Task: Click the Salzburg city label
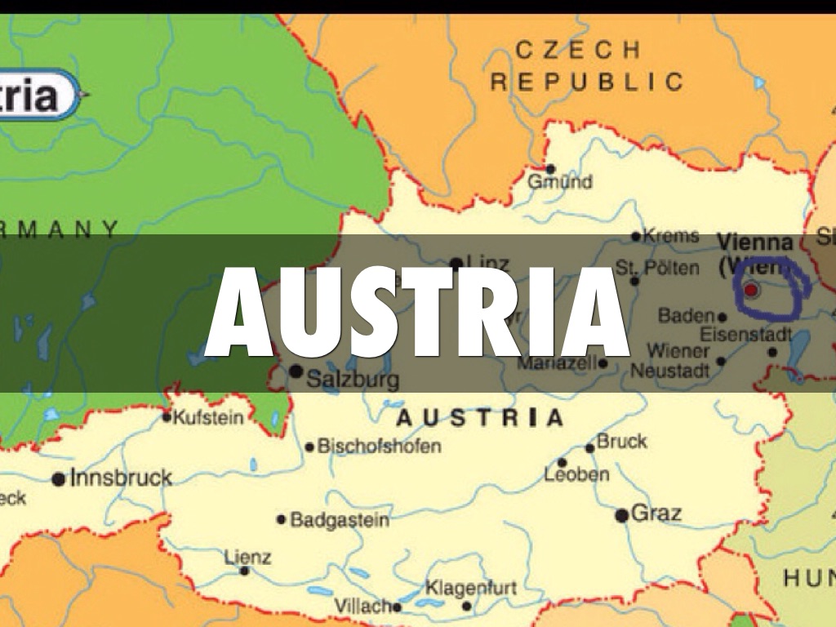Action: pos(353,379)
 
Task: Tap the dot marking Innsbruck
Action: pos(59,479)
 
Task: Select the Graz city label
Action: pos(656,514)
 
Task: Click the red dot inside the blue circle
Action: pos(751,290)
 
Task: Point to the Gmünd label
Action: pos(560,182)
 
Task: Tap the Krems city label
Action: pos(671,236)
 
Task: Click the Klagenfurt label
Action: pos(470,588)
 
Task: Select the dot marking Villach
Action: pos(398,607)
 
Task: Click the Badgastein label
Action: pos(340,519)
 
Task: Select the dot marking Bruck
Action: pos(589,447)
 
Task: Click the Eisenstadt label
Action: pos(746,334)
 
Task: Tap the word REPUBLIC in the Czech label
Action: pos(586,82)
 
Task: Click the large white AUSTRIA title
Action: pos(417,313)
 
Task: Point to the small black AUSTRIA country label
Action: pos(479,419)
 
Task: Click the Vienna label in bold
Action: pos(754,242)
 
